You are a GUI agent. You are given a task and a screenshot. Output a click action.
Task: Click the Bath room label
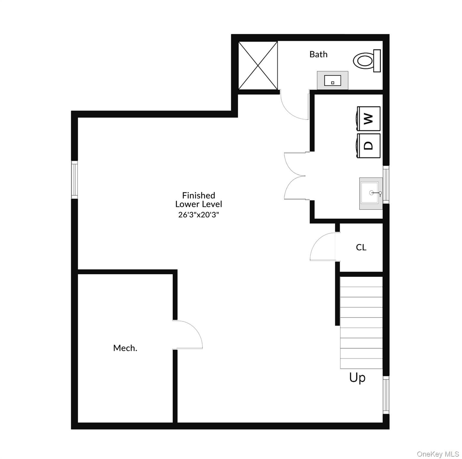pos(318,54)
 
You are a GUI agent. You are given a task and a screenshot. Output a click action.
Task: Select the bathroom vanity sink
pos(332,80)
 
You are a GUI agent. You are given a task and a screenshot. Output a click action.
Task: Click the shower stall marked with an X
pos(258,65)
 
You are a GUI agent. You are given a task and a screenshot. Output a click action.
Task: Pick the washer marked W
pos(369,119)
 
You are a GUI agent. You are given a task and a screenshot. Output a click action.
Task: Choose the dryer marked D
pos(369,146)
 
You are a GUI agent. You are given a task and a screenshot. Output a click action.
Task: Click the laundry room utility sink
pos(371,193)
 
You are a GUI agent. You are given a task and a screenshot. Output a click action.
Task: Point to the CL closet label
pos(361,247)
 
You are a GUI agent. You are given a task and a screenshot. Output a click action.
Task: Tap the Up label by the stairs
pos(357,378)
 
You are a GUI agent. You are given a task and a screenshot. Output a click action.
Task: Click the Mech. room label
pos(125,348)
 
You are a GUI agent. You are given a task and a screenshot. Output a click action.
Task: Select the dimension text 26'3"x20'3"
pos(199,215)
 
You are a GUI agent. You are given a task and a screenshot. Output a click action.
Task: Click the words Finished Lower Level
pos(199,200)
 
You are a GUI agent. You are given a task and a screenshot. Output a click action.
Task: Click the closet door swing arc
pos(323,247)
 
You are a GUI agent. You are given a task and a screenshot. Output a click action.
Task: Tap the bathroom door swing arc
pos(294,106)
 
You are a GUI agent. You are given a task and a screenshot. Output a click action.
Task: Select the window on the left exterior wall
pos(74,180)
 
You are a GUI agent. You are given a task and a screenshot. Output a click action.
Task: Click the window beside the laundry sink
pos(386,184)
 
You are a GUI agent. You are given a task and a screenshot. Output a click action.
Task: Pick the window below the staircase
pos(386,395)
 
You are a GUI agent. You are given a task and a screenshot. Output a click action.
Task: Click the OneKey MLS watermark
pos(438,454)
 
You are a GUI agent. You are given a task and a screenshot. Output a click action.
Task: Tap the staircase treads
pos(361,323)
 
